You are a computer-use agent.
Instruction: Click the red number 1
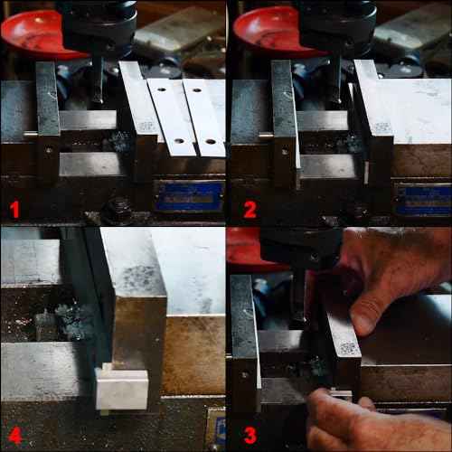point(14,210)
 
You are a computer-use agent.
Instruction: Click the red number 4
point(14,436)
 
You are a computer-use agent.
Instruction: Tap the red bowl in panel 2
point(268,27)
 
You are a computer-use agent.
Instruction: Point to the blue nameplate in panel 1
point(189,195)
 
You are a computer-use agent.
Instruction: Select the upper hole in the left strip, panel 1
point(165,91)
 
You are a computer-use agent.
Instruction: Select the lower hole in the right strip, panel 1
point(209,142)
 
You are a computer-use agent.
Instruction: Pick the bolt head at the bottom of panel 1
point(118,215)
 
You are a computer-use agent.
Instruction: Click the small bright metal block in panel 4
point(122,389)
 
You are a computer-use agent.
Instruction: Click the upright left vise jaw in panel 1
point(48,122)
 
